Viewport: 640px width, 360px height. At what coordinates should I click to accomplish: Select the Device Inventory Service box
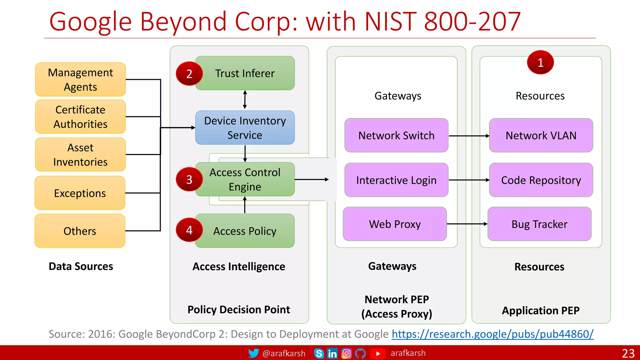[x=245, y=127]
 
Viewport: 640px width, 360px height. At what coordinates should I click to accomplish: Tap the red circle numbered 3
[x=189, y=179]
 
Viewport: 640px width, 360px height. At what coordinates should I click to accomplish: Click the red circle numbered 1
[x=540, y=62]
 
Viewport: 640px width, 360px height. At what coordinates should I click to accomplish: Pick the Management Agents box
[x=80, y=79]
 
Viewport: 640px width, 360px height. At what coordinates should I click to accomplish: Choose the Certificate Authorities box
[x=80, y=117]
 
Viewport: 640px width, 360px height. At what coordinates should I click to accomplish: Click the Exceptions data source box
[x=80, y=193]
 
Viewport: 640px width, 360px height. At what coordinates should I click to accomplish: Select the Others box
[x=80, y=231]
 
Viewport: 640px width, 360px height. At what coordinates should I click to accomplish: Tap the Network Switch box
[x=396, y=135]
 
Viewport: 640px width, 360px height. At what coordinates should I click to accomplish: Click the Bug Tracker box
[x=539, y=224]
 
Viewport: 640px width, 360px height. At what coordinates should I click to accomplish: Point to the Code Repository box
[x=541, y=180]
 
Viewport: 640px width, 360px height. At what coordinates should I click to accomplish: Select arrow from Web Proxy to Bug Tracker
[x=467, y=224]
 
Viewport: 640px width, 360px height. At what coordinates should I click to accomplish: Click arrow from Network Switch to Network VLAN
[x=469, y=136]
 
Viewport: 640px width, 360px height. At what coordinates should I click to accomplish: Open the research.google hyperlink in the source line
[x=492, y=334]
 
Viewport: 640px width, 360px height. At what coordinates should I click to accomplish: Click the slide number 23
[x=628, y=353]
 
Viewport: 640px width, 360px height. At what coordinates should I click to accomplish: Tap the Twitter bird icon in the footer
[x=253, y=353]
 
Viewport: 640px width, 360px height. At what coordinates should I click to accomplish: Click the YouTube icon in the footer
[x=377, y=353]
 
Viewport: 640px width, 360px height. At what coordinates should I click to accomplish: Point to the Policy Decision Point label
[x=239, y=309]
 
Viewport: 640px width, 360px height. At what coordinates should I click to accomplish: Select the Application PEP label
[x=541, y=310]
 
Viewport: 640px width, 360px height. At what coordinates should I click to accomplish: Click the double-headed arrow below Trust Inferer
[x=245, y=100]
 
